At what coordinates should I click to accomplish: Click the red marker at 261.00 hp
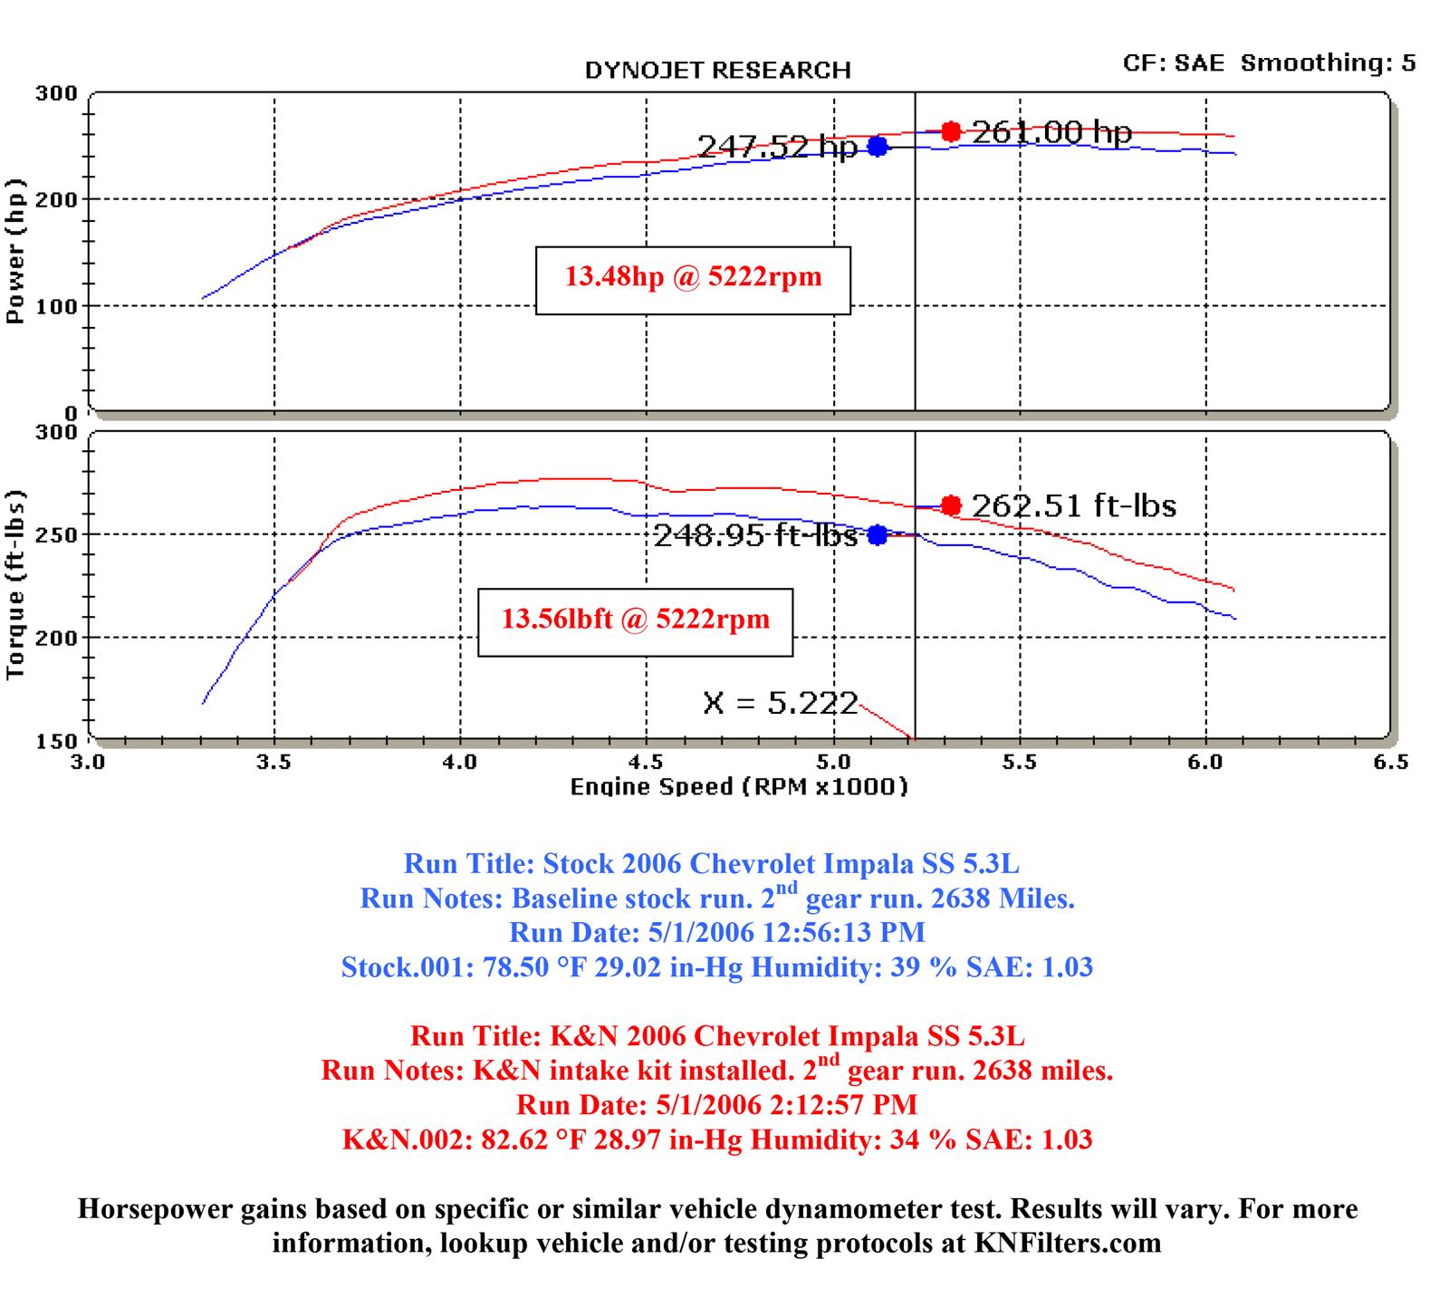(950, 132)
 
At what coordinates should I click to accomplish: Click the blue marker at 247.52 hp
(877, 147)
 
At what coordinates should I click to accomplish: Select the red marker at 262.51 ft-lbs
(950, 505)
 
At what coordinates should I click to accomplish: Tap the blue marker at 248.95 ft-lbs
(877, 535)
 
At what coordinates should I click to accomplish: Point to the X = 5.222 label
(780, 703)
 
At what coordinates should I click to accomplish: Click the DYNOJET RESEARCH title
(717, 71)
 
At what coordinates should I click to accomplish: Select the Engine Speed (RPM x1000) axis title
(738, 786)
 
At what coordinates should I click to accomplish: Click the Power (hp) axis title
(15, 252)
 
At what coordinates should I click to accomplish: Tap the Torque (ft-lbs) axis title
(15, 585)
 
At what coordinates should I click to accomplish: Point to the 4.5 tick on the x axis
(647, 762)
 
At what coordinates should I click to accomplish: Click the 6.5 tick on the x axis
(1390, 762)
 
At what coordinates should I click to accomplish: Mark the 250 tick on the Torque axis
(56, 534)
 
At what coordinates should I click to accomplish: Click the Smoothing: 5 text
(1328, 62)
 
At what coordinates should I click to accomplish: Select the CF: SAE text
(1173, 62)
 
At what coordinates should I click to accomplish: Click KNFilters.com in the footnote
(1068, 1243)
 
